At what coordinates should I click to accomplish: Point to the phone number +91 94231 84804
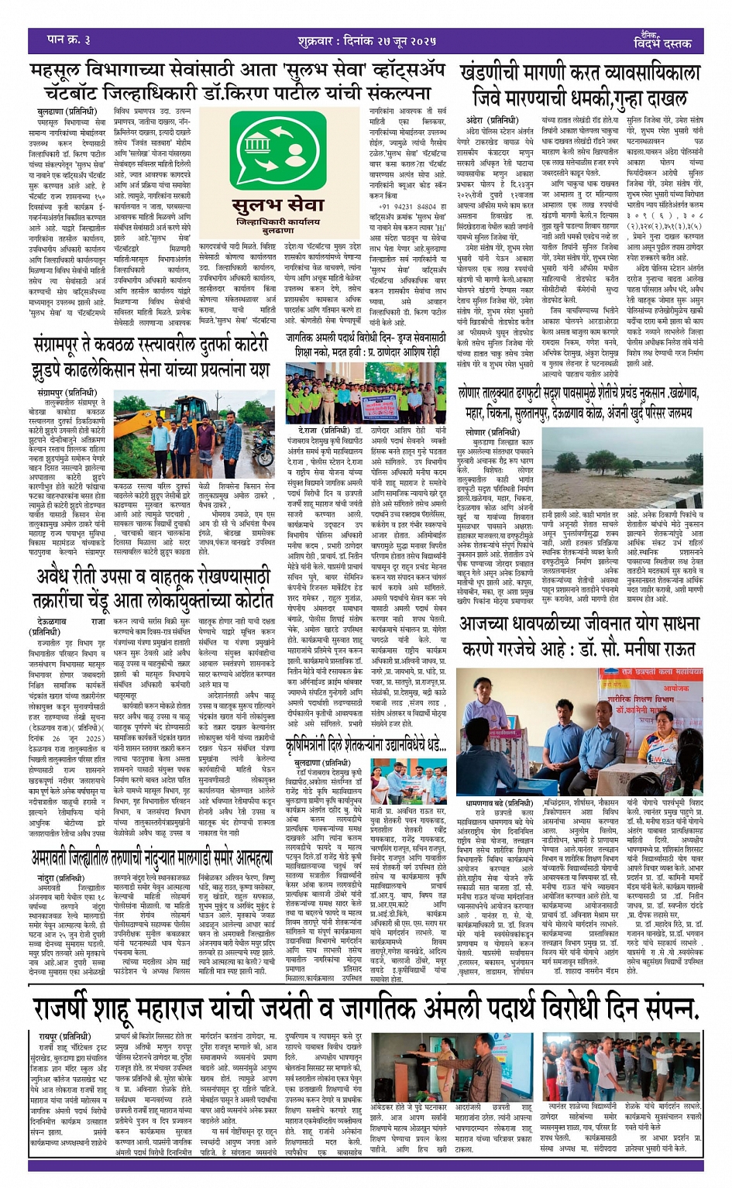tap(403, 207)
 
